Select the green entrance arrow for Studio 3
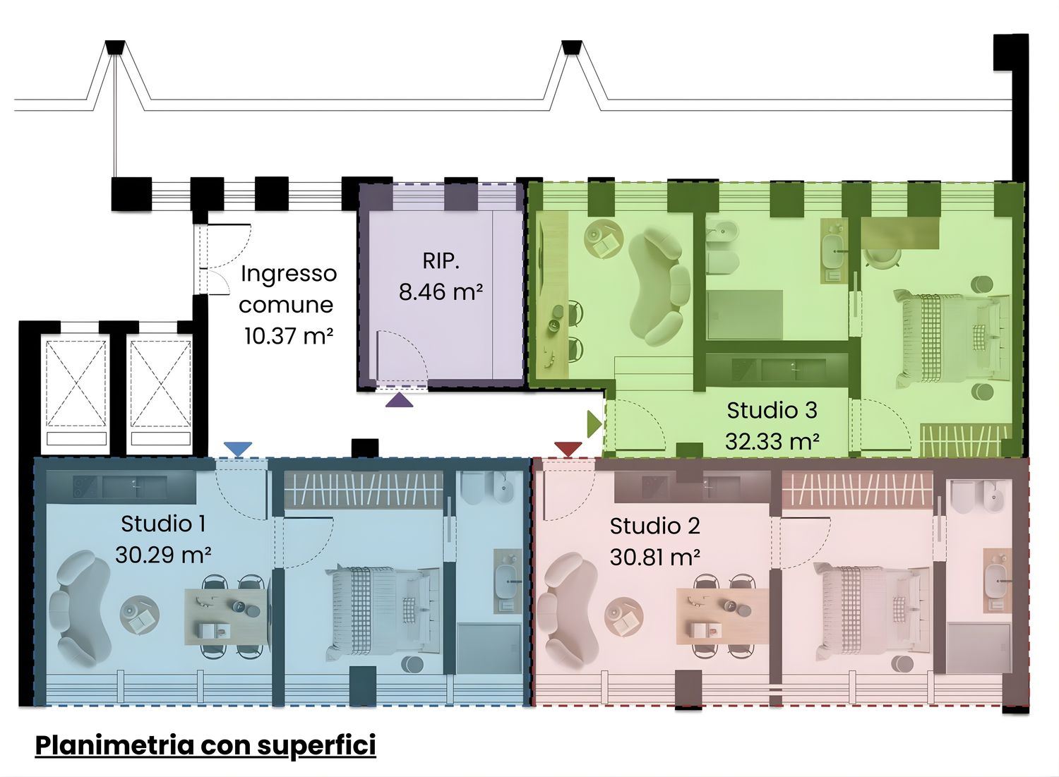pyautogui.click(x=594, y=424)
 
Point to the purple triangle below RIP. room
pyautogui.click(x=399, y=400)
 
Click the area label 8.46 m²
pyautogui.click(x=441, y=291)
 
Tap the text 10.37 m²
pyautogui.click(x=288, y=336)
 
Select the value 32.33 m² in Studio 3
pyautogui.click(x=772, y=442)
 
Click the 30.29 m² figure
pyautogui.click(x=163, y=555)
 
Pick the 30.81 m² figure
pyautogui.click(x=654, y=558)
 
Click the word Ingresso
pyautogui.click(x=289, y=274)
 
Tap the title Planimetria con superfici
pyautogui.click(x=205, y=745)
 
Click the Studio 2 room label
pyautogui.click(x=654, y=526)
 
